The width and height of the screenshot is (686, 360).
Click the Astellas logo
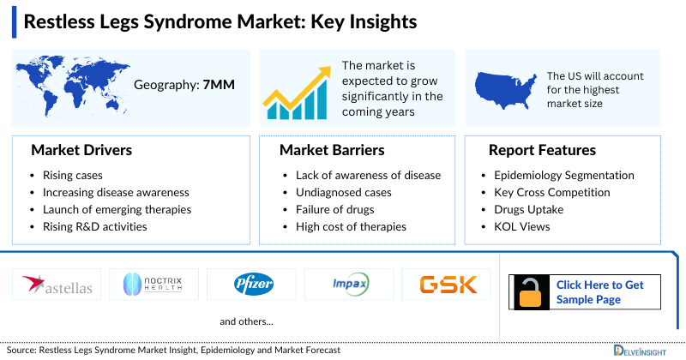click(x=57, y=285)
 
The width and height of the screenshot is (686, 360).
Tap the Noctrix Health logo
click(x=159, y=285)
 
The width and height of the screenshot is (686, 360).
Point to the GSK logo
click(x=445, y=285)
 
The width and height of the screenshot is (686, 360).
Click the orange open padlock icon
click(x=529, y=292)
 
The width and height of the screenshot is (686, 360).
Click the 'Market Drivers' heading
click(x=81, y=150)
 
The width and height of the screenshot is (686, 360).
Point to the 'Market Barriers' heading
click(x=332, y=150)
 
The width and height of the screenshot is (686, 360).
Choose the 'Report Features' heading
click(x=542, y=150)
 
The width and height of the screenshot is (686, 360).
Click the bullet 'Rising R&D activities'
click(x=94, y=227)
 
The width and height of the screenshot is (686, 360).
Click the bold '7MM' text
click(x=220, y=85)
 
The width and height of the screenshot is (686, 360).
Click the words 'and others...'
click(x=246, y=322)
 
